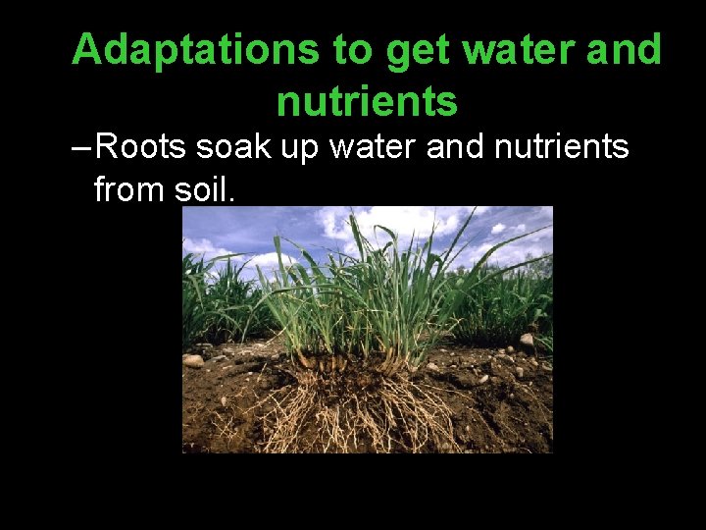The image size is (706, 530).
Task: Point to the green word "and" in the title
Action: [x=625, y=50]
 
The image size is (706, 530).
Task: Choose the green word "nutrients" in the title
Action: [x=367, y=100]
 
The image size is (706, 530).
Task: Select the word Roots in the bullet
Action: [x=143, y=147]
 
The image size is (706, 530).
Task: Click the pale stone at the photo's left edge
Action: [x=192, y=360]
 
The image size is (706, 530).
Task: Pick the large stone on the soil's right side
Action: [x=528, y=341]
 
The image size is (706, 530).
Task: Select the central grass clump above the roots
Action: [x=363, y=294]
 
